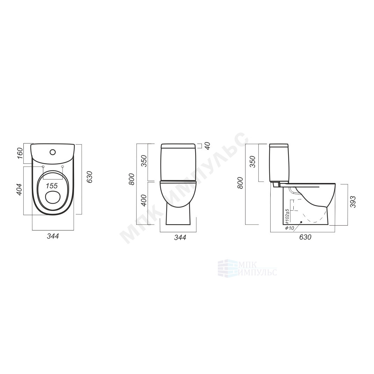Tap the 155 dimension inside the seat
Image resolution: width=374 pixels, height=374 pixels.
(52, 186)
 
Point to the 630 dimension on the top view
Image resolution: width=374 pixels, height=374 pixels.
(90, 177)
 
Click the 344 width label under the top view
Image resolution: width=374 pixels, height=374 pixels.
(53, 236)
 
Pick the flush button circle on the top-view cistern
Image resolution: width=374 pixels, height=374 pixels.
(52, 152)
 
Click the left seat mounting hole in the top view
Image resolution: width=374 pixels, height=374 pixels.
(43, 166)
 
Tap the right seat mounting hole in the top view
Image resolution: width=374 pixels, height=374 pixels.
(63, 166)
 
